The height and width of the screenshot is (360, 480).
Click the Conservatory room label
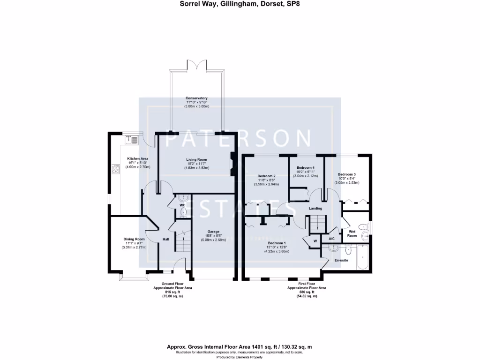click(x=196, y=98)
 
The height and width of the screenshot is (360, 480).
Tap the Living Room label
click(x=196, y=159)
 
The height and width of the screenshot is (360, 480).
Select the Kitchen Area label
click(x=138, y=158)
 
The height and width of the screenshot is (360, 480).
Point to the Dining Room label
click(x=134, y=239)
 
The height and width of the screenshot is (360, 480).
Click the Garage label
click(x=214, y=232)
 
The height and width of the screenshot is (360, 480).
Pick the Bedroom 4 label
click(x=305, y=168)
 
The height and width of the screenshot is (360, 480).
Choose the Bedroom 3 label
click(x=347, y=174)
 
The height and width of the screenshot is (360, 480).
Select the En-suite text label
click(x=340, y=259)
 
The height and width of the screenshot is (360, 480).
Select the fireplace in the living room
click(x=232, y=165)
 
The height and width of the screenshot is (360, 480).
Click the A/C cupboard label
click(x=332, y=239)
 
